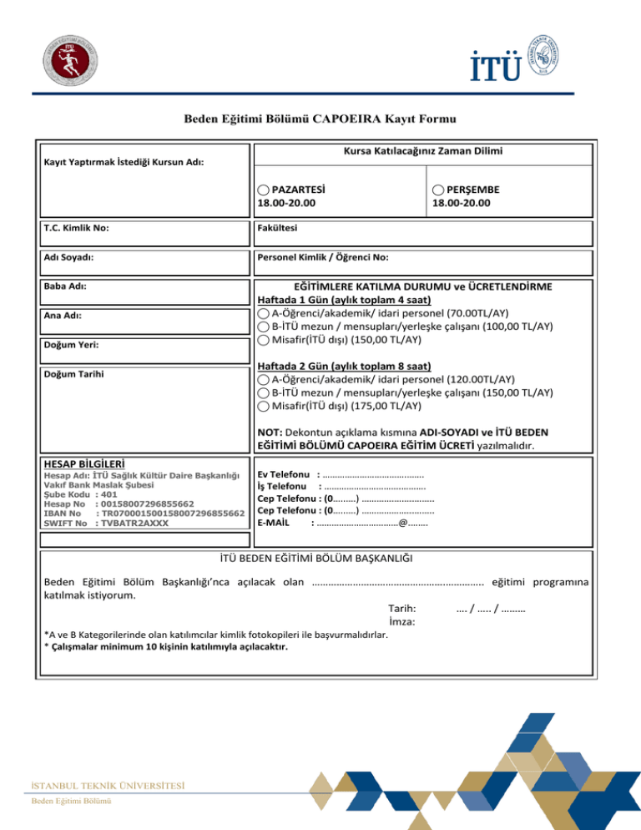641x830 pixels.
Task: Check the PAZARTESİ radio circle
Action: click(263, 190)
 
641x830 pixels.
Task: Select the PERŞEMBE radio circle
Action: click(439, 190)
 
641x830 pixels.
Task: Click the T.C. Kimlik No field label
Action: click(76, 227)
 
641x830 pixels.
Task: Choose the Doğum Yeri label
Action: click(68, 344)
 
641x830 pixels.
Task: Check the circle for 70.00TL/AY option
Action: click(263, 313)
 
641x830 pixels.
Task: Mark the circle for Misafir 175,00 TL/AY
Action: click(263, 406)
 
